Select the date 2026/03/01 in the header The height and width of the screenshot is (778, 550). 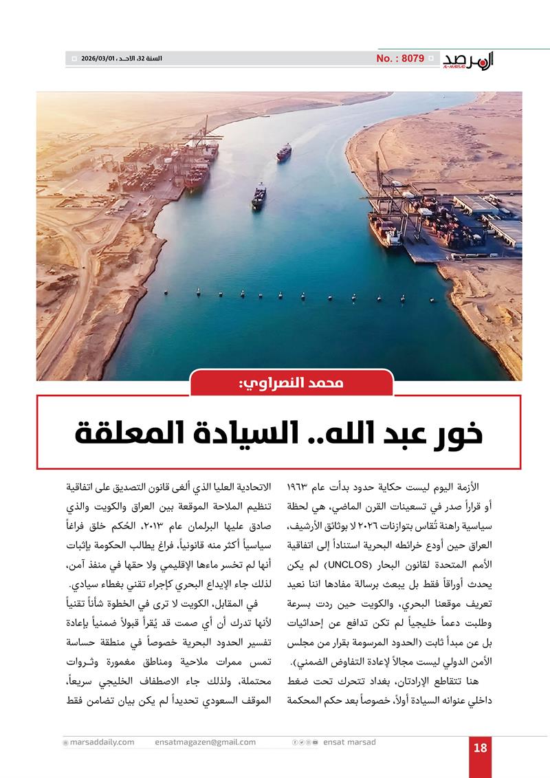100,59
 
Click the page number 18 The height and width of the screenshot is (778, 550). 481,748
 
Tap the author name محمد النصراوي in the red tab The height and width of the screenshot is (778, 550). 291,383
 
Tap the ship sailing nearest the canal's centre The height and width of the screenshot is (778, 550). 258,195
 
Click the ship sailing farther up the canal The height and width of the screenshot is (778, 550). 284,152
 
